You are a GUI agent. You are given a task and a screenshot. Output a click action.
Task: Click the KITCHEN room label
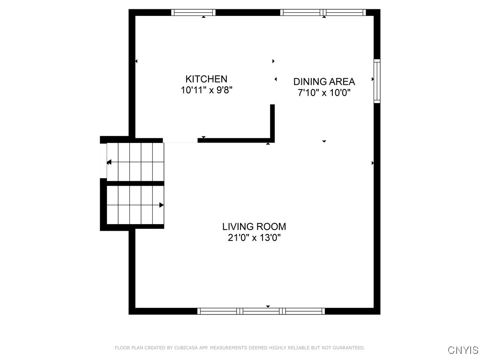click(206, 79)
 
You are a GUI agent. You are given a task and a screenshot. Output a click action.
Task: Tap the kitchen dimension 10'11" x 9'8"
click(206, 90)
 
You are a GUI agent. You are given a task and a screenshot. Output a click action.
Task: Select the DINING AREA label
click(324, 82)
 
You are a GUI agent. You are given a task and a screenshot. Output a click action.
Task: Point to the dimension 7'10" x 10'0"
click(324, 93)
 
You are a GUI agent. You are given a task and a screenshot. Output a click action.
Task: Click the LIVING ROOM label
click(254, 227)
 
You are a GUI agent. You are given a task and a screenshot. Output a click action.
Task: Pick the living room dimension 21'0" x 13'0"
click(254, 238)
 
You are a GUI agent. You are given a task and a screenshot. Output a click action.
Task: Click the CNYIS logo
click(463, 350)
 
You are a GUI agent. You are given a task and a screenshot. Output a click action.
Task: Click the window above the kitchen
click(194, 13)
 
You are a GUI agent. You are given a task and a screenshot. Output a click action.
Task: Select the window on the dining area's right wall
click(376, 81)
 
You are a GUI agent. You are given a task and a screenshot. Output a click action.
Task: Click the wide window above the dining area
click(323, 13)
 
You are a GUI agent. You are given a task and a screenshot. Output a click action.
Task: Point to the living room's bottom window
click(261, 311)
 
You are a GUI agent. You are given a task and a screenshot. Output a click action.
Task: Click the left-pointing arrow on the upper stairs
click(109, 162)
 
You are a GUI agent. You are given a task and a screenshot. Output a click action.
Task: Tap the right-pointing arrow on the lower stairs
click(161, 205)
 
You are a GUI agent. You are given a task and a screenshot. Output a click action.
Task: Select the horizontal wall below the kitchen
click(234, 140)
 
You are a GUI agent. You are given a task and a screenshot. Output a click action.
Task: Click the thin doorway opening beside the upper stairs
click(180, 142)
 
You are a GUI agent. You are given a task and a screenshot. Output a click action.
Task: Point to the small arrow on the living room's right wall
click(373, 163)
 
